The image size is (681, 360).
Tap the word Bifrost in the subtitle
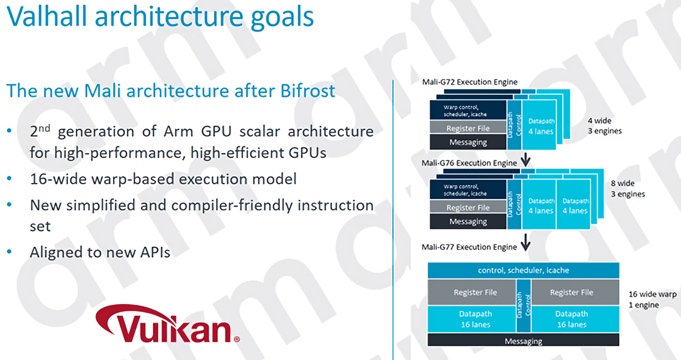[308, 91]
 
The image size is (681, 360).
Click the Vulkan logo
[168, 324]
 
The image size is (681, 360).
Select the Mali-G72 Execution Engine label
[469, 82]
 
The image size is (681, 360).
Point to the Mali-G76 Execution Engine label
[469, 164]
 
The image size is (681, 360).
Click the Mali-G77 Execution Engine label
[469, 247]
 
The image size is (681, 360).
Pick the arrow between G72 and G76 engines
[525, 159]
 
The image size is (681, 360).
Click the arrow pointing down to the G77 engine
[525, 242]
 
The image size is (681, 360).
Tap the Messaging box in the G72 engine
[468, 142]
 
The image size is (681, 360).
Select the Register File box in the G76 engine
[468, 207]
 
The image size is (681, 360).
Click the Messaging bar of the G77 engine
[524, 341]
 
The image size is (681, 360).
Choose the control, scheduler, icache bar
[524, 270]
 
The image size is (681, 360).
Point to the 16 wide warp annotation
[652, 294]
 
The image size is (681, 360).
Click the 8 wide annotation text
[623, 183]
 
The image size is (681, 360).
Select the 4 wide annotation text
[600, 121]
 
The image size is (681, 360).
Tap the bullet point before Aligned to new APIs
[10, 252]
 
